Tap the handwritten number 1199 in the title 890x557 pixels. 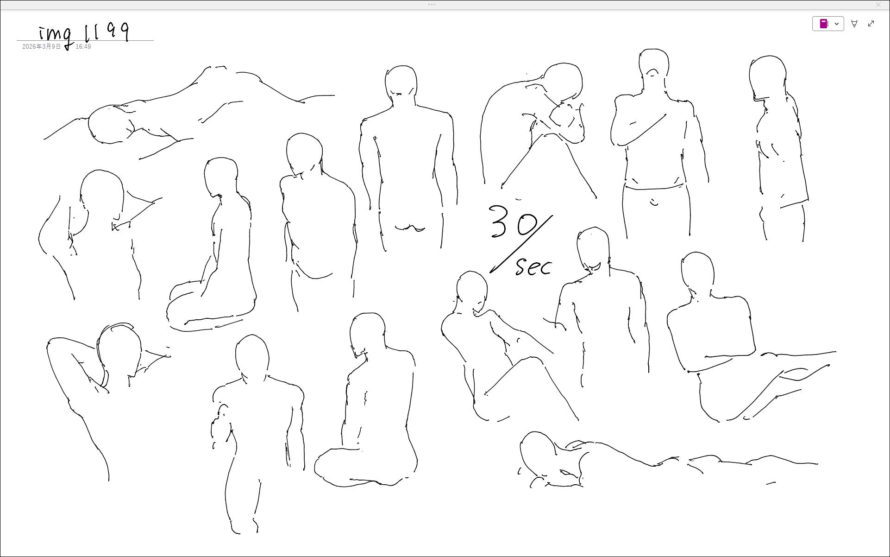[x=107, y=32]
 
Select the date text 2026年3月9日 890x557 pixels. [x=42, y=47]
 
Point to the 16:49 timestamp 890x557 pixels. [x=83, y=47]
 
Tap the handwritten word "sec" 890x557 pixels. [x=534, y=266]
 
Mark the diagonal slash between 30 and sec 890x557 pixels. [x=521, y=244]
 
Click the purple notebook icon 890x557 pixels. [x=824, y=24]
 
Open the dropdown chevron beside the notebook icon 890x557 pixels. [x=837, y=24]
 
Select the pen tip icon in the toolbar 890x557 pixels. [x=854, y=24]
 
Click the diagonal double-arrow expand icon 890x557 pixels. [x=871, y=24]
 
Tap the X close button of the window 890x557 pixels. [x=878, y=5]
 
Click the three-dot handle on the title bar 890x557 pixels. [x=432, y=5]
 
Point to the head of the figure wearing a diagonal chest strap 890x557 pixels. [x=654, y=70]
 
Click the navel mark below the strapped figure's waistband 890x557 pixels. [x=654, y=203]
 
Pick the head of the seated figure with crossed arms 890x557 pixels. [x=697, y=271]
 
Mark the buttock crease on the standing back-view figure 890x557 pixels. [x=410, y=228]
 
